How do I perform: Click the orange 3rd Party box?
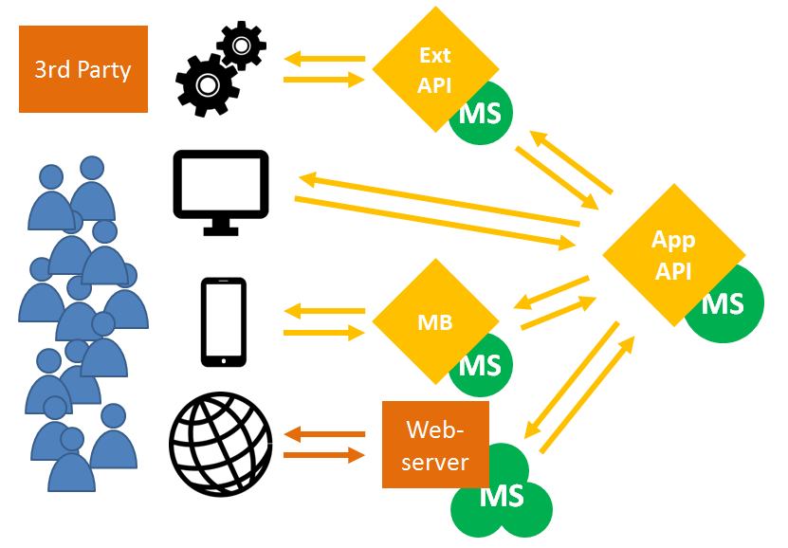point(83,69)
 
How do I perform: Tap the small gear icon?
point(242,45)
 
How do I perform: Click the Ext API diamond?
point(435,68)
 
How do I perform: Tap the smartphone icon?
point(224,321)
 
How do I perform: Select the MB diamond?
point(435,321)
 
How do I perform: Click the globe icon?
point(220,444)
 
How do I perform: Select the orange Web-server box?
point(435,445)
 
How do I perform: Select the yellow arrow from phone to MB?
point(324,333)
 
